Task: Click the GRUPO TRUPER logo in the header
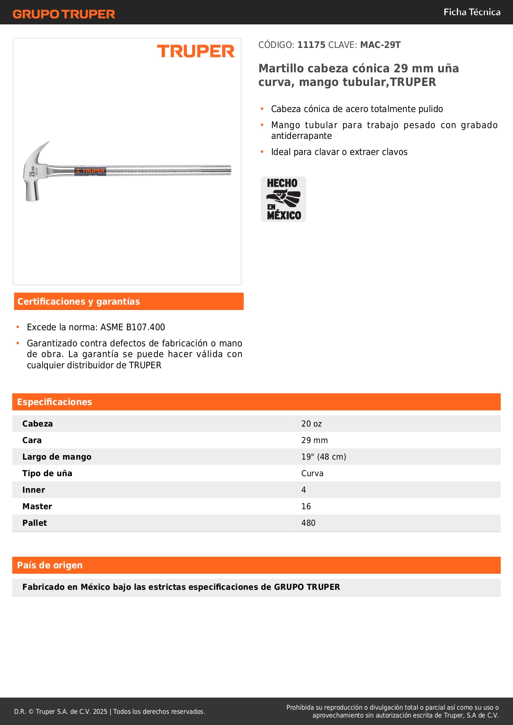pyautogui.click(x=64, y=14)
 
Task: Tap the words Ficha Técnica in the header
pyautogui.click(x=472, y=12)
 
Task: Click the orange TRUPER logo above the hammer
pyautogui.click(x=196, y=52)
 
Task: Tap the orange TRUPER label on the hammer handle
pyautogui.click(x=91, y=171)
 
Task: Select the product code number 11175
pyautogui.click(x=311, y=45)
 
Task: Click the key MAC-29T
pyautogui.click(x=380, y=45)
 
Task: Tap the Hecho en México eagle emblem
pyautogui.click(x=284, y=199)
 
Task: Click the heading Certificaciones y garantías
pyautogui.click(x=79, y=302)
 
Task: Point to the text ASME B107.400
pyautogui.click(x=133, y=327)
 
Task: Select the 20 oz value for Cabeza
pyautogui.click(x=311, y=424)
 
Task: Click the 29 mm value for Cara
pyautogui.click(x=314, y=441)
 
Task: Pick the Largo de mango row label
pyautogui.click(x=57, y=457)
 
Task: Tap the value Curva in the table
pyautogui.click(x=312, y=474)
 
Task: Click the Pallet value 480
pyautogui.click(x=308, y=523)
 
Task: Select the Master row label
pyautogui.click(x=37, y=507)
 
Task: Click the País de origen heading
pyautogui.click(x=50, y=565)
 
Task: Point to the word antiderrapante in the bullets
pyautogui.click(x=301, y=136)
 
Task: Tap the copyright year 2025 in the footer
pyautogui.click(x=100, y=712)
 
